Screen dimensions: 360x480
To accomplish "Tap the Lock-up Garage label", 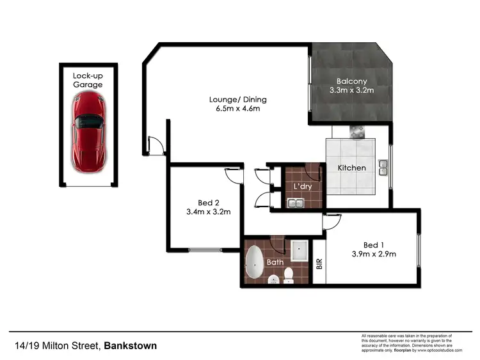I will [88, 80].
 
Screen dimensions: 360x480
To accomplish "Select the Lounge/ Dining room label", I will [237, 100].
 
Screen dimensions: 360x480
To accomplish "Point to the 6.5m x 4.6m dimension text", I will [237, 109].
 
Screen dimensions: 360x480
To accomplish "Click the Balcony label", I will [352, 81].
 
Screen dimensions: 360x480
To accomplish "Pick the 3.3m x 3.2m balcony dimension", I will [352, 91].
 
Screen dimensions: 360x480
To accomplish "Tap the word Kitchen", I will [352, 168].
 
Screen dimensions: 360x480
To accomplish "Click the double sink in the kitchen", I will [383, 168].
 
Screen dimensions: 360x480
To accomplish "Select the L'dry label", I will [302, 186].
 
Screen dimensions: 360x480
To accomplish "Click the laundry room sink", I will [295, 204].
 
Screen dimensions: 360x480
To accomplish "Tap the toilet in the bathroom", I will [289, 274].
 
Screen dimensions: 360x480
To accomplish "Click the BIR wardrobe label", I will [319, 263].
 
